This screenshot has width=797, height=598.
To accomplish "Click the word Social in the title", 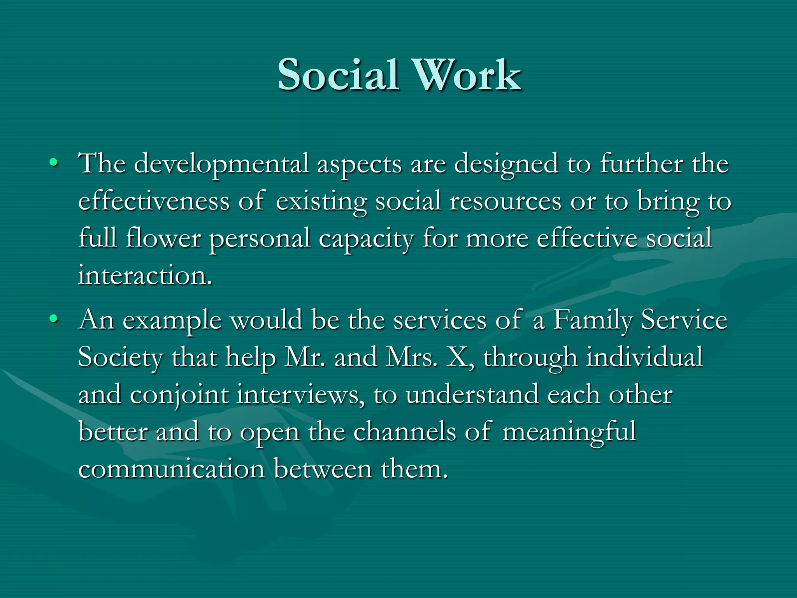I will tap(338, 75).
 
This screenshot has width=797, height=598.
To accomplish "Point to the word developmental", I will tap(221, 164).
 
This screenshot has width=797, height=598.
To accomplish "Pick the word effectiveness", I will tap(154, 201).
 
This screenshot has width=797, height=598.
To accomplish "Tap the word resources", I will tap(505, 201).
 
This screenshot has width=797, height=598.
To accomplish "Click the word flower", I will tap(163, 238).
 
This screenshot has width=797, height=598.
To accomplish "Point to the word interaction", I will tap(145, 276).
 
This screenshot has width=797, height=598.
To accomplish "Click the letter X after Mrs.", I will tap(458, 357).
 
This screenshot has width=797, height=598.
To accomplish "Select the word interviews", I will tap(300, 395).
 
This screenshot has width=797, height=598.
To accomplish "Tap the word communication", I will tap(172, 469).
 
